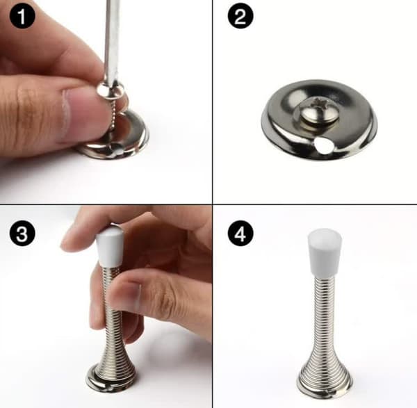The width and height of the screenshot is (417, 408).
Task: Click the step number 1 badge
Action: pyautogui.click(x=22, y=16)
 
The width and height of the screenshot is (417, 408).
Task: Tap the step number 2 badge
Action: pyautogui.click(x=240, y=16)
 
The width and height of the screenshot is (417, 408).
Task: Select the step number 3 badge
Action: pyautogui.click(x=22, y=234)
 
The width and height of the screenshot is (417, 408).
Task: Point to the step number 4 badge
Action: pyautogui.click(x=240, y=234)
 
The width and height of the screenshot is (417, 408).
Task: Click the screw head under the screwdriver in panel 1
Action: pyautogui.click(x=110, y=90)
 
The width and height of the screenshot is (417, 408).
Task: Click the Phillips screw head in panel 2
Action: pyautogui.click(x=316, y=111)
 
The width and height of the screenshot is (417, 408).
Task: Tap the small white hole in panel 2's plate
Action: pyautogui.click(x=322, y=146)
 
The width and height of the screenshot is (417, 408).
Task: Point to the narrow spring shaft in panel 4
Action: pyautogui.click(x=325, y=311)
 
